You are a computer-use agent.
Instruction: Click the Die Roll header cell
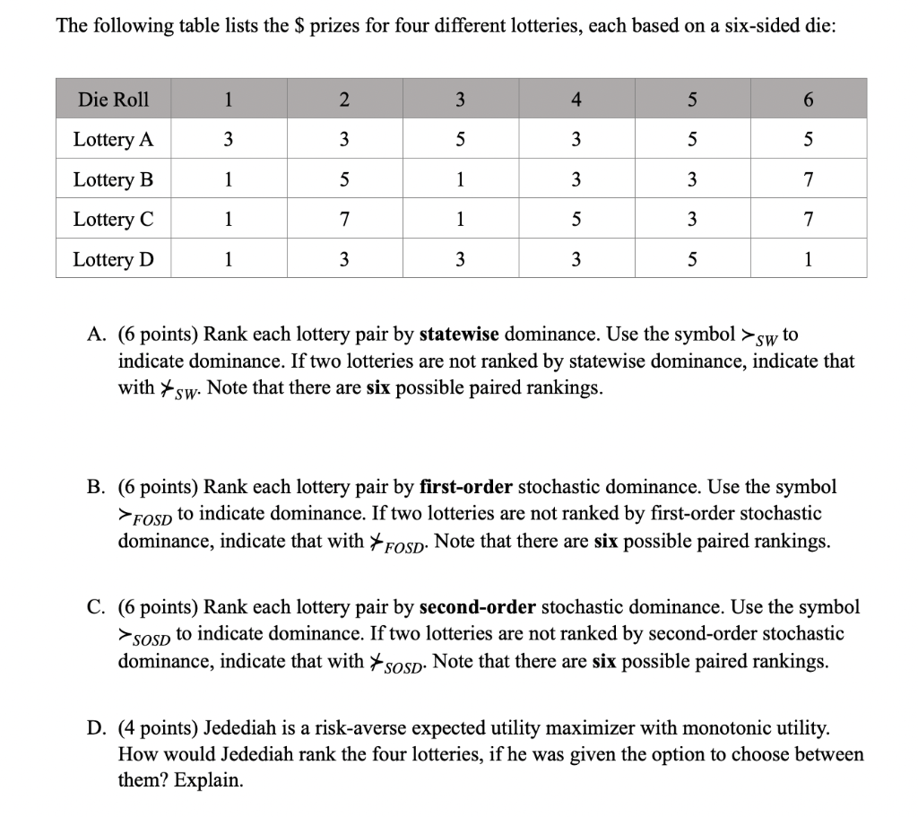tap(113, 100)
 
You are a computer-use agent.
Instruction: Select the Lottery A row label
tap(113, 140)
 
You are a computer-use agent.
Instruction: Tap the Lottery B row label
tap(113, 179)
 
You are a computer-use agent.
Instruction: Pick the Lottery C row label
tap(113, 220)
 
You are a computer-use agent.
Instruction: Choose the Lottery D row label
tap(113, 260)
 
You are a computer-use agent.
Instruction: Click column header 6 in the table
tap(809, 100)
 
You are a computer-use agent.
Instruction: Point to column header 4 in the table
tap(576, 100)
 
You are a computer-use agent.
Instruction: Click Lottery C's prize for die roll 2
tap(344, 220)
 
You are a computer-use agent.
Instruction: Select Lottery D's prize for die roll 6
tap(809, 260)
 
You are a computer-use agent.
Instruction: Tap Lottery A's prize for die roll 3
tap(460, 140)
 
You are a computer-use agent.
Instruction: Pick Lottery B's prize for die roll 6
tap(809, 179)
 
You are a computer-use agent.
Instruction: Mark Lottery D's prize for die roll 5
tap(692, 260)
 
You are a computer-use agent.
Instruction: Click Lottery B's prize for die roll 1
tap(228, 179)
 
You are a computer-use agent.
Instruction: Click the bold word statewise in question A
tap(460, 335)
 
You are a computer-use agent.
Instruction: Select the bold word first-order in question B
tap(465, 487)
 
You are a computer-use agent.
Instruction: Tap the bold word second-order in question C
tap(476, 607)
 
